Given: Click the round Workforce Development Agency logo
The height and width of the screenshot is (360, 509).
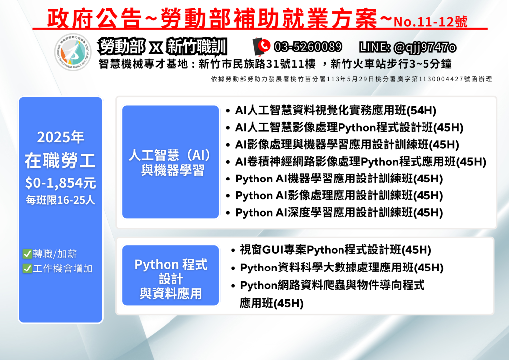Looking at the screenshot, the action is point(73,52).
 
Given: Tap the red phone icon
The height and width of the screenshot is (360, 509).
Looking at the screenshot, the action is point(264,45).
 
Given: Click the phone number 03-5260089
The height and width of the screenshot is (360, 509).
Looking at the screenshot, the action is point(308,47).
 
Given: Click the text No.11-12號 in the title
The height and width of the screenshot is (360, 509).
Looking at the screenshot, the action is point(430,22).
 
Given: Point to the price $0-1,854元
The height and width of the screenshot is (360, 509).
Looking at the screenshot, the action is point(61,183).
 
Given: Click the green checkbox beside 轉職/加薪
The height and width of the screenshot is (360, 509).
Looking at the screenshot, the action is point(27,254).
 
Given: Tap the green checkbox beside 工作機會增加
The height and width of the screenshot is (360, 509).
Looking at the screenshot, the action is point(27,269).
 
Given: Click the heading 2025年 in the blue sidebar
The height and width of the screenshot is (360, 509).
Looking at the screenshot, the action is point(61,137).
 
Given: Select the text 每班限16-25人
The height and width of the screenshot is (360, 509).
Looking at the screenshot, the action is point(61,200).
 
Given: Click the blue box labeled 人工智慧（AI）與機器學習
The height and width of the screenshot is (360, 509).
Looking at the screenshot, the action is point(170,162).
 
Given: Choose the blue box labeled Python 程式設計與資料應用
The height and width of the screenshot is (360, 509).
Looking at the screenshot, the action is point(170,275).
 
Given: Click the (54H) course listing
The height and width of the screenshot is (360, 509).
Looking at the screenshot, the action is point(336,111).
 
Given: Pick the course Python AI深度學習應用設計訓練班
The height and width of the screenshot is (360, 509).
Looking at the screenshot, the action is point(339,213).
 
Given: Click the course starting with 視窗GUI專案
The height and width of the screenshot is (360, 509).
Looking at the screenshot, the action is point(336,250).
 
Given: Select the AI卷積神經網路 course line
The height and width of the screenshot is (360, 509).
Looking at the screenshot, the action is point(360,162).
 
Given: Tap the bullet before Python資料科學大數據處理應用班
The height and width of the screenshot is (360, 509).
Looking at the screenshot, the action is point(233,268).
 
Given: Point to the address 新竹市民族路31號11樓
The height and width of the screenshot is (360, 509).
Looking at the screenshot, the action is point(257,64).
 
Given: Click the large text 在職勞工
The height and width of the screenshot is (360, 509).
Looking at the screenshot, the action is point(61,161).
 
